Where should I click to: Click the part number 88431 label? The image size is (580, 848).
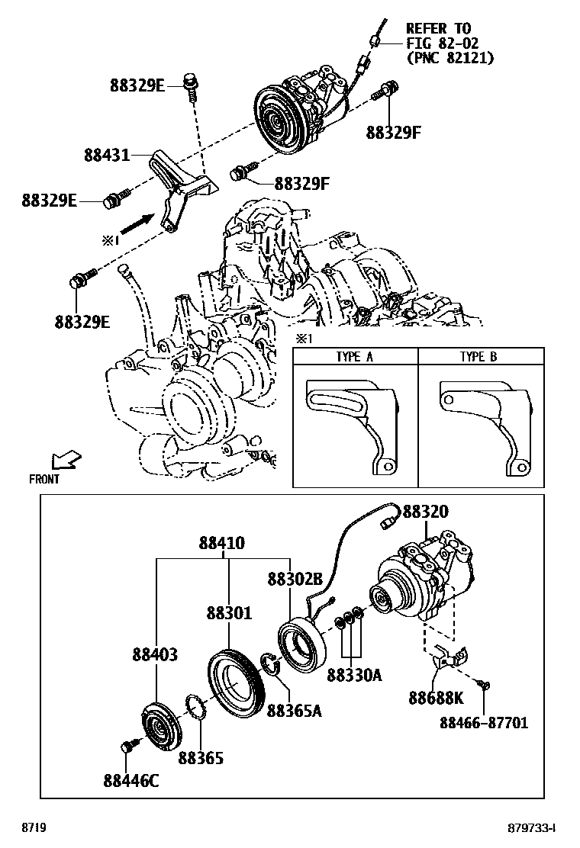point(107,156)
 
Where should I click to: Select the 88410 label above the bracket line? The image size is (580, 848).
point(222,542)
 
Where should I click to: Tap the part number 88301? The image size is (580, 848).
point(229,613)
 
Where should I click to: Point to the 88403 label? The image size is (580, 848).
point(155,654)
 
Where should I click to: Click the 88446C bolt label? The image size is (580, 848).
point(131,781)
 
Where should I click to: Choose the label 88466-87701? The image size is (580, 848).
point(484,722)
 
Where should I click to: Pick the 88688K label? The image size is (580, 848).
point(436,699)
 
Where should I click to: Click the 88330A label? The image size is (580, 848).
point(354,675)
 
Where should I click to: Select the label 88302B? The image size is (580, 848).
point(295,580)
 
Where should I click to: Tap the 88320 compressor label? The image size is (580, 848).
point(426,511)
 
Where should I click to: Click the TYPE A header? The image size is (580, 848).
point(354,356)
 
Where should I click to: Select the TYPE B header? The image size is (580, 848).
point(478,356)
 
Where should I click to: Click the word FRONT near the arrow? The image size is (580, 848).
point(44,479)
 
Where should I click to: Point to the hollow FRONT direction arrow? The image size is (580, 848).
point(66,461)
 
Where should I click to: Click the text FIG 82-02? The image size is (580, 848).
point(443,43)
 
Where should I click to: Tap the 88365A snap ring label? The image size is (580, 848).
point(295,711)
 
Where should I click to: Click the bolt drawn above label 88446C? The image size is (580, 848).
point(127,747)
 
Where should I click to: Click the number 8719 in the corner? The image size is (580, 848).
point(34,828)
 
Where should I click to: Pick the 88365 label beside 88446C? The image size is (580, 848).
point(201,758)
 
